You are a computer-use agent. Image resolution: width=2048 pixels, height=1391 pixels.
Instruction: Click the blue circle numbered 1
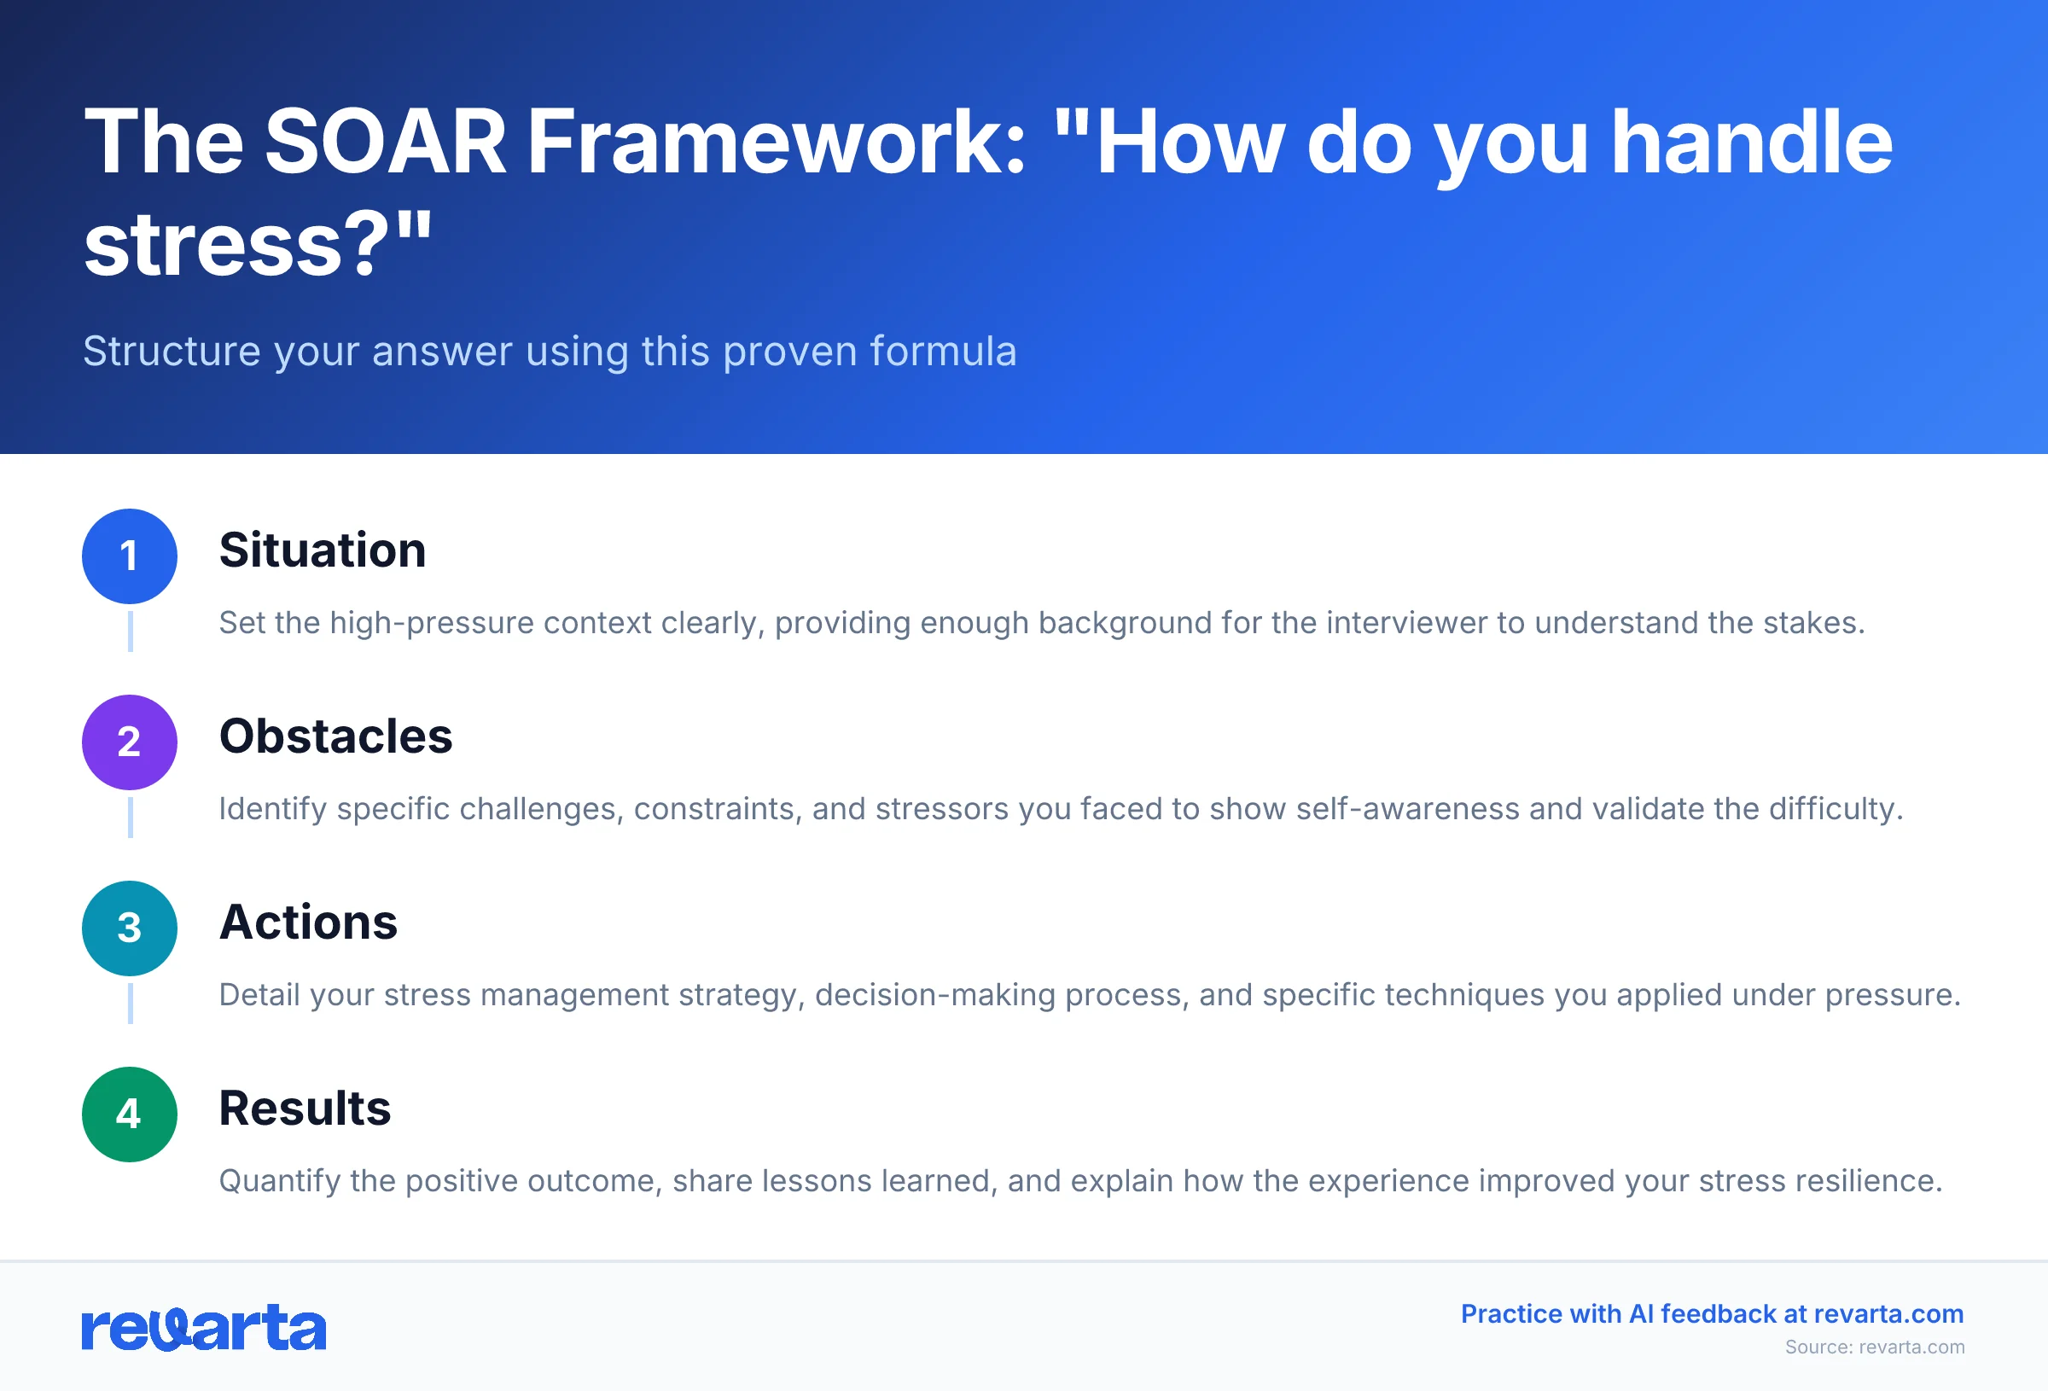(130, 556)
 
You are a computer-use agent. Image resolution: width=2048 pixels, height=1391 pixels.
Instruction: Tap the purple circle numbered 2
(130, 742)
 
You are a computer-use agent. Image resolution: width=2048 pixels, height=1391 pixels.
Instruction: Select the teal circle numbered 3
(130, 928)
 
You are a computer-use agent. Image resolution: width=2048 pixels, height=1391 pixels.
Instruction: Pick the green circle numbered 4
(130, 1115)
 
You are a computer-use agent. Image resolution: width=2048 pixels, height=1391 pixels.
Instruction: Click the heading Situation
(323, 550)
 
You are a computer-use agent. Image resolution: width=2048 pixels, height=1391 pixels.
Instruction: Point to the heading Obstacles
(335, 736)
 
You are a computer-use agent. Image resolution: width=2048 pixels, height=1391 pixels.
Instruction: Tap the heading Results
(305, 1108)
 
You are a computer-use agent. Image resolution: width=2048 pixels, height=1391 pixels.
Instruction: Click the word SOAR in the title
(385, 142)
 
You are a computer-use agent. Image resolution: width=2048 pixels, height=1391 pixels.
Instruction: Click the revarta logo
(204, 1328)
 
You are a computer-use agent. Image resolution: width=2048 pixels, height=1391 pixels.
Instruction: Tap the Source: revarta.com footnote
(1875, 1347)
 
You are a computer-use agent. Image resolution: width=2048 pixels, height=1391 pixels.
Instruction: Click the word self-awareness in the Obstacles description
(1407, 809)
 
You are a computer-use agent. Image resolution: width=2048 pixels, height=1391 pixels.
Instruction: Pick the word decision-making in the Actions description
(935, 995)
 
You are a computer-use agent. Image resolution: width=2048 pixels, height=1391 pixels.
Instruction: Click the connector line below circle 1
(131, 631)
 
